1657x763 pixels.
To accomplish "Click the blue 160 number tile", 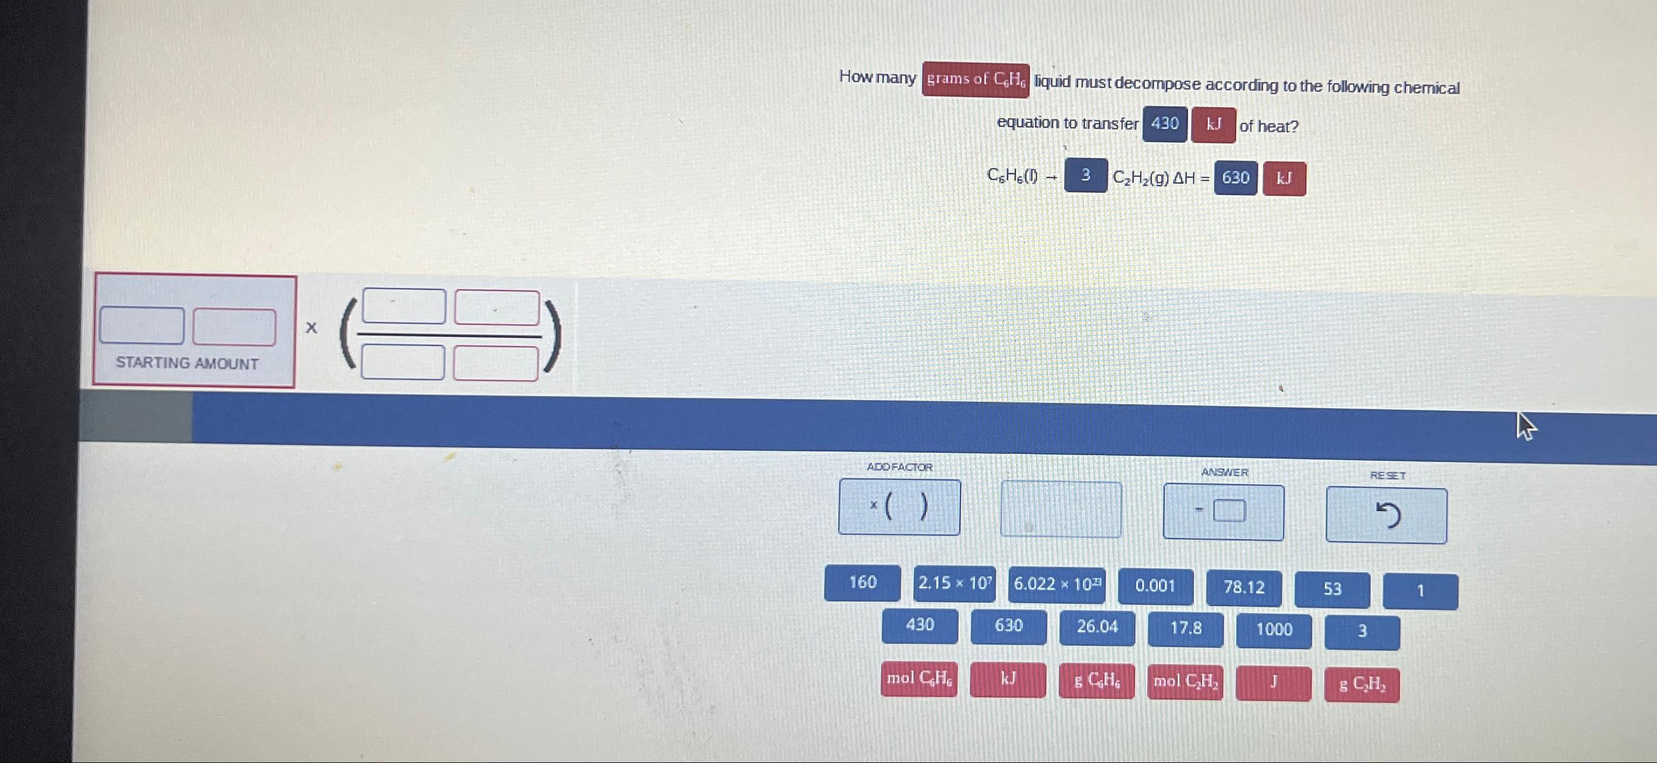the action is [x=862, y=583].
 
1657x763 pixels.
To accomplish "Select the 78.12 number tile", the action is [x=1243, y=588].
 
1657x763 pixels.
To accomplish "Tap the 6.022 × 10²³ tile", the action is [x=1056, y=585].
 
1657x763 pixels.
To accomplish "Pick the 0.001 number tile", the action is [x=1155, y=586].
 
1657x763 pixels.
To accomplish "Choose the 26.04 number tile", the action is [x=1097, y=627].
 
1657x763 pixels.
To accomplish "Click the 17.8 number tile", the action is [x=1185, y=628].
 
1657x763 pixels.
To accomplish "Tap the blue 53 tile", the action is [x=1332, y=589].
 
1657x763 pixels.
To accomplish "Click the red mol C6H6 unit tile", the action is [x=919, y=679].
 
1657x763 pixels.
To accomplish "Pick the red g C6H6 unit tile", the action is [x=1096, y=681].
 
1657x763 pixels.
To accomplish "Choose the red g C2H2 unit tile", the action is [x=1362, y=685].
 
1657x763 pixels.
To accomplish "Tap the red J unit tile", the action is [x=1274, y=683].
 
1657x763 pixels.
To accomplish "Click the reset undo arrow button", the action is [x=1386, y=515].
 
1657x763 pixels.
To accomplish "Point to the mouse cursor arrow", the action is [x=1525, y=425].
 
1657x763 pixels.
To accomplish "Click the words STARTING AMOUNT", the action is [x=187, y=364].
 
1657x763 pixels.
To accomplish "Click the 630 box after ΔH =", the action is [x=1235, y=178].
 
